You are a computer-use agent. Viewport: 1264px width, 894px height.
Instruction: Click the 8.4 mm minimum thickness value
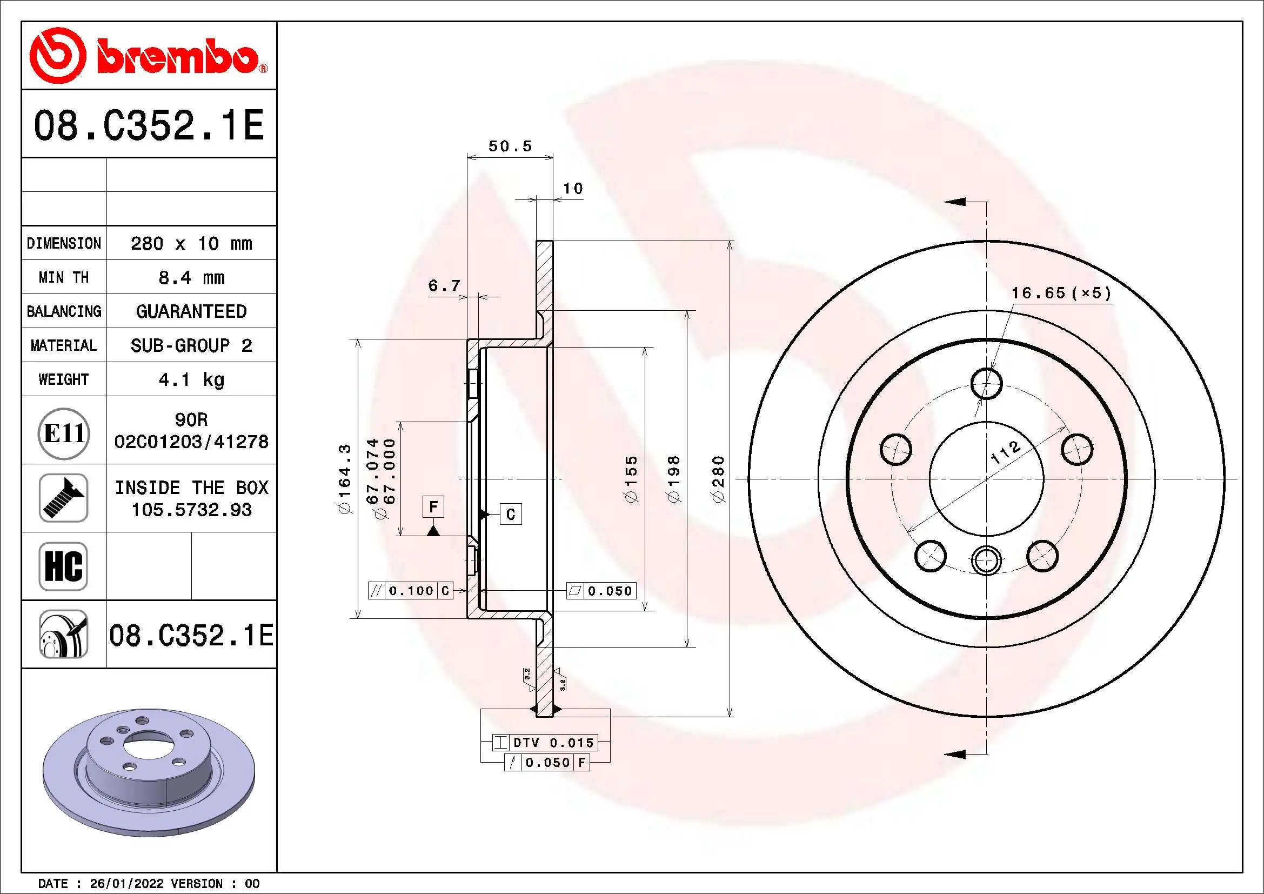pyautogui.click(x=191, y=277)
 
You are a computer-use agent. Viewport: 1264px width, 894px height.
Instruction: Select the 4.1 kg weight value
pyautogui.click(x=191, y=379)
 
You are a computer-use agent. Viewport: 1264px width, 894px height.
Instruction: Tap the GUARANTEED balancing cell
pyautogui.click(x=191, y=311)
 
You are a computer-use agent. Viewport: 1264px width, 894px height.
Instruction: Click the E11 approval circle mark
pyautogui.click(x=64, y=433)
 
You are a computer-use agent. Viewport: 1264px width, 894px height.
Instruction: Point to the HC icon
pyautogui.click(x=63, y=566)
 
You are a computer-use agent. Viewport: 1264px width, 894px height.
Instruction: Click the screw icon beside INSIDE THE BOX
pyautogui.click(x=63, y=498)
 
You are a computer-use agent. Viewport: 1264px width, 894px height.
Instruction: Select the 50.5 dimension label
pyautogui.click(x=510, y=146)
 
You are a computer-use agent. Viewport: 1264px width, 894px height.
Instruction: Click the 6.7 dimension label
pyautogui.click(x=444, y=286)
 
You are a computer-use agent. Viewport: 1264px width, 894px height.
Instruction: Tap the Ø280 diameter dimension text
pyautogui.click(x=718, y=478)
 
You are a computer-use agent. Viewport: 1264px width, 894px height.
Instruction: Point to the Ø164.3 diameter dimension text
pyautogui.click(x=344, y=478)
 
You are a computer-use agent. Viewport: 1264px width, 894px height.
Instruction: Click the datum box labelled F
pyautogui.click(x=433, y=506)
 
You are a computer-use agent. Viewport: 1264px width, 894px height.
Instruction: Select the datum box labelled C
pyautogui.click(x=510, y=514)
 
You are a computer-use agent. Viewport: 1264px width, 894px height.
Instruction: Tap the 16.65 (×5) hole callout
pyautogui.click(x=1061, y=293)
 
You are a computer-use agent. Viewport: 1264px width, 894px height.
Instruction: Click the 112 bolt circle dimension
pyautogui.click(x=1005, y=452)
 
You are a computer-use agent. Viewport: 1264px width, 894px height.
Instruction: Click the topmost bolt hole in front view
pyautogui.click(x=986, y=384)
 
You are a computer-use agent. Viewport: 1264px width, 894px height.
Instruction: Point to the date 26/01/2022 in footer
pyautogui.click(x=126, y=884)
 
